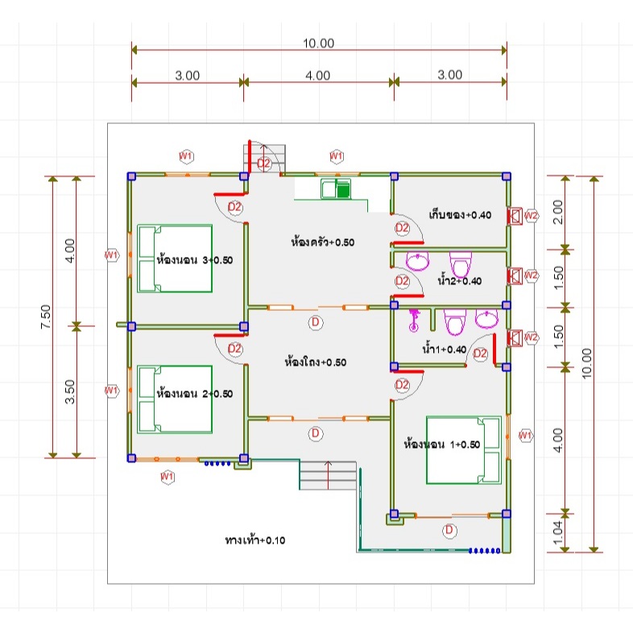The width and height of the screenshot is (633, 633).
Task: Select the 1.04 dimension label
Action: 557,532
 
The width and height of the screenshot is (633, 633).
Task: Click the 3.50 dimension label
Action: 70,391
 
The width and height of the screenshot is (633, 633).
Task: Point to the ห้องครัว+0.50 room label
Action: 323,242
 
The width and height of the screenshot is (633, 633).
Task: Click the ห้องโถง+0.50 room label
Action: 315,362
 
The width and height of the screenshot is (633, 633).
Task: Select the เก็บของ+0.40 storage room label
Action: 460,214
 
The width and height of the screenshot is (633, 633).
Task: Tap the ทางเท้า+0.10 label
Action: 255,540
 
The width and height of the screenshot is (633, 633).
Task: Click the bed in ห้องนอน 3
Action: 175,259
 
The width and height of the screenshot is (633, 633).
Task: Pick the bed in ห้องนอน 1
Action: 464,449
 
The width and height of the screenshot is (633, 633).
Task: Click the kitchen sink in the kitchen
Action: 336,189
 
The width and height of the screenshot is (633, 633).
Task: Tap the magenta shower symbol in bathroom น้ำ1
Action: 414,321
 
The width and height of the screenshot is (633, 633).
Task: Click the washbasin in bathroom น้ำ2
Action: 417,261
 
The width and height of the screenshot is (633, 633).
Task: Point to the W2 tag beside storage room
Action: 532,216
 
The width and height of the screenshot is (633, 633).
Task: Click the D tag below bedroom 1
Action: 449,530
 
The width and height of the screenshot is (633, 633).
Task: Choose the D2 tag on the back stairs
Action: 263,163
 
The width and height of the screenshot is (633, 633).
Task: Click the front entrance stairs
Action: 328,475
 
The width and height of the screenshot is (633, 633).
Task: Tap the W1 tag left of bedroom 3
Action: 111,254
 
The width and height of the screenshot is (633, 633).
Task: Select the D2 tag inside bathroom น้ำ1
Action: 480,354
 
